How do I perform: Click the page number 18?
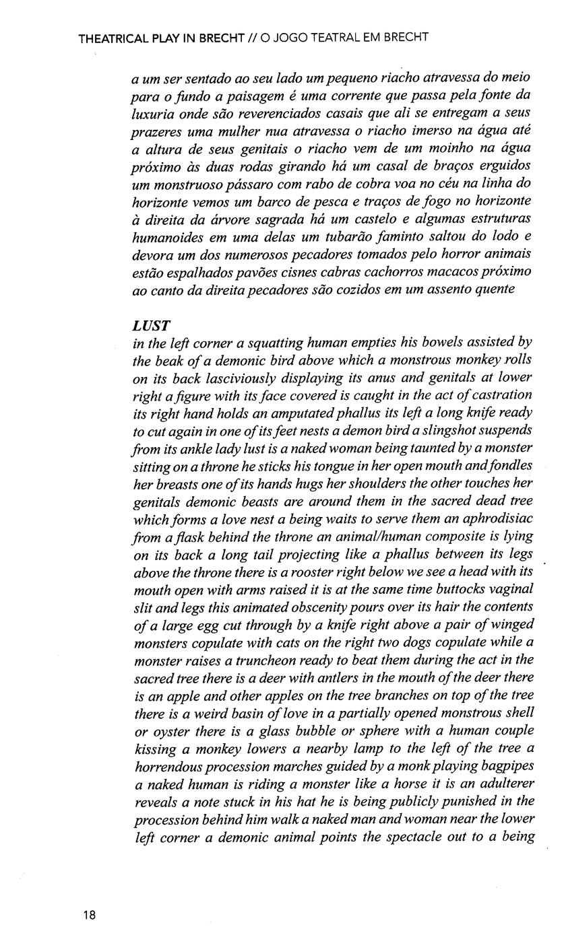tap(90, 914)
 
